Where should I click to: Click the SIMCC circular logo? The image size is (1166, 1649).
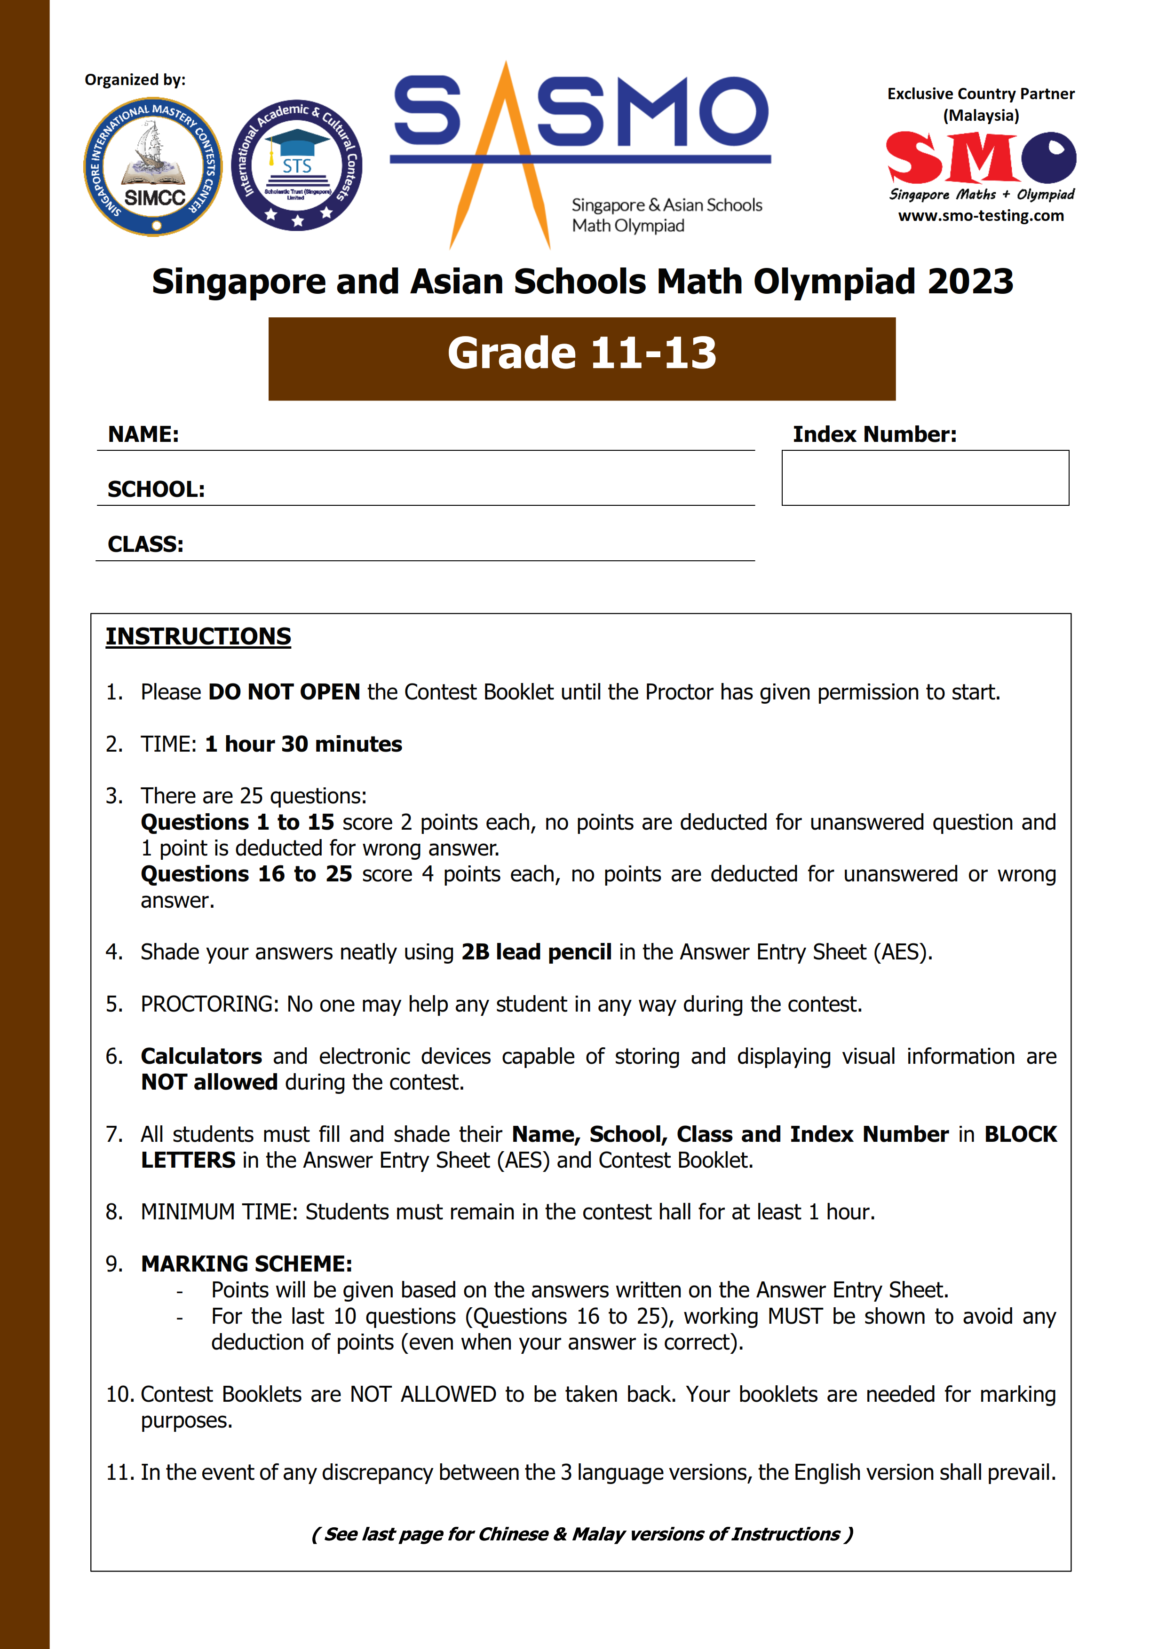(x=153, y=166)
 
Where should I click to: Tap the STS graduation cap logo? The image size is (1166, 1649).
(x=297, y=165)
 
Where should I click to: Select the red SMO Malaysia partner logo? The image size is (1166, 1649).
(x=981, y=158)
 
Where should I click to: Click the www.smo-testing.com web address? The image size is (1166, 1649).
(x=981, y=215)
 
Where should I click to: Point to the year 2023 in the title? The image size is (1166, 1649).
(x=970, y=282)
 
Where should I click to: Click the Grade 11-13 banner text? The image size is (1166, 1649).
(x=582, y=353)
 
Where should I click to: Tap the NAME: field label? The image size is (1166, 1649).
(x=143, y=434)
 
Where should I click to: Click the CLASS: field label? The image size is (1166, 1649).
(x=145, y=544)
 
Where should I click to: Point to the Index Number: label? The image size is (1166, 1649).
(x=874, y=434)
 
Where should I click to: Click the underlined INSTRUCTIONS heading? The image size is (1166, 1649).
(x=198, y=636)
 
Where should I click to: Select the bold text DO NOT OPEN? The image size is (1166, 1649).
(x=284, y=691)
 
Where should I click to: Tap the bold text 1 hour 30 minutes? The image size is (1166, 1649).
(x=303, y=744)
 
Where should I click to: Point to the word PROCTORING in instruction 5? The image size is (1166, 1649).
(x=209, y=1004)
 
